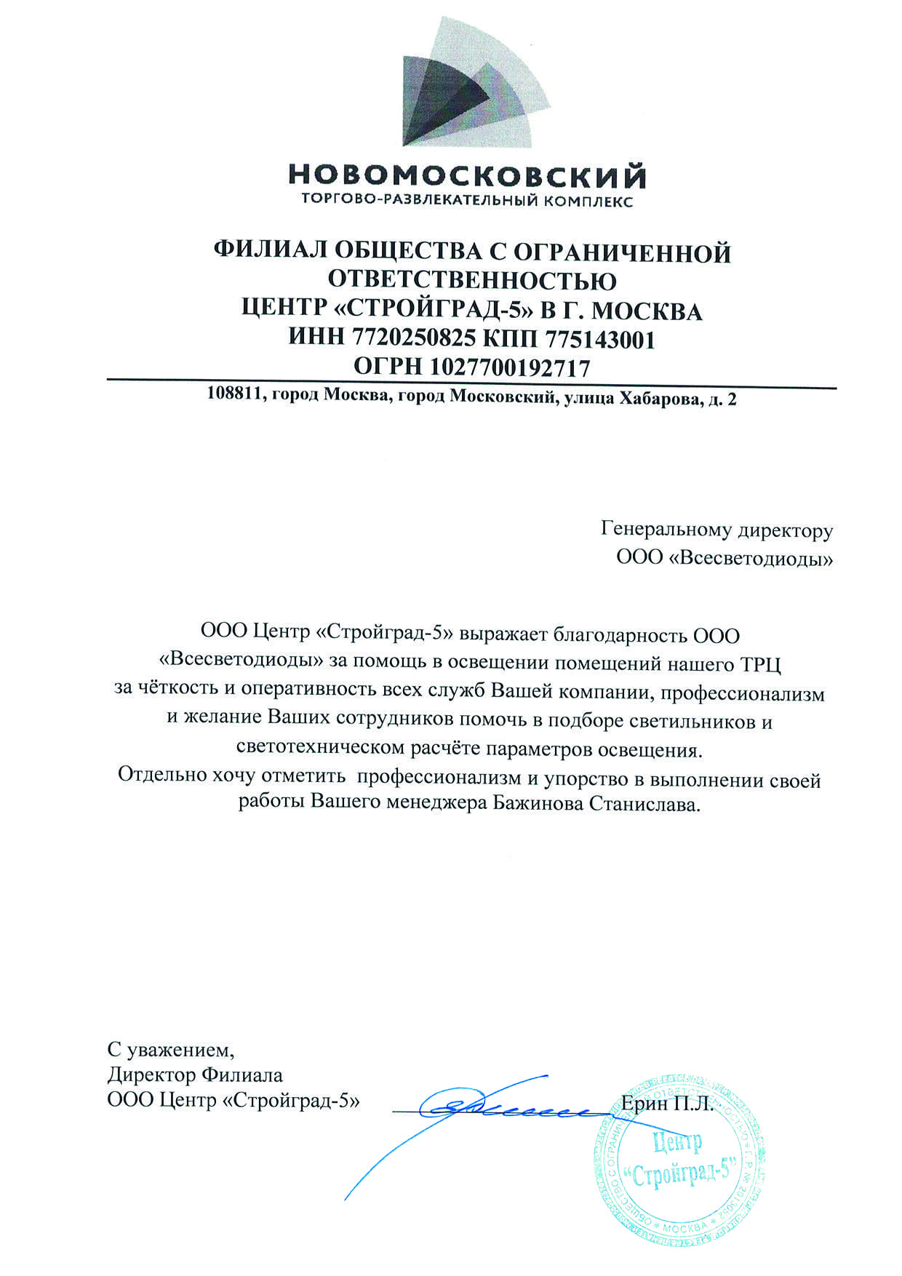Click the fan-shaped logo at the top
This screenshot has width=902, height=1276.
pyautogui.click(x=465, y=84)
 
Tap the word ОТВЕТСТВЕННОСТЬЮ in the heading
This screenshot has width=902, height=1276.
pyautogui.click(x=472, y=282)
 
